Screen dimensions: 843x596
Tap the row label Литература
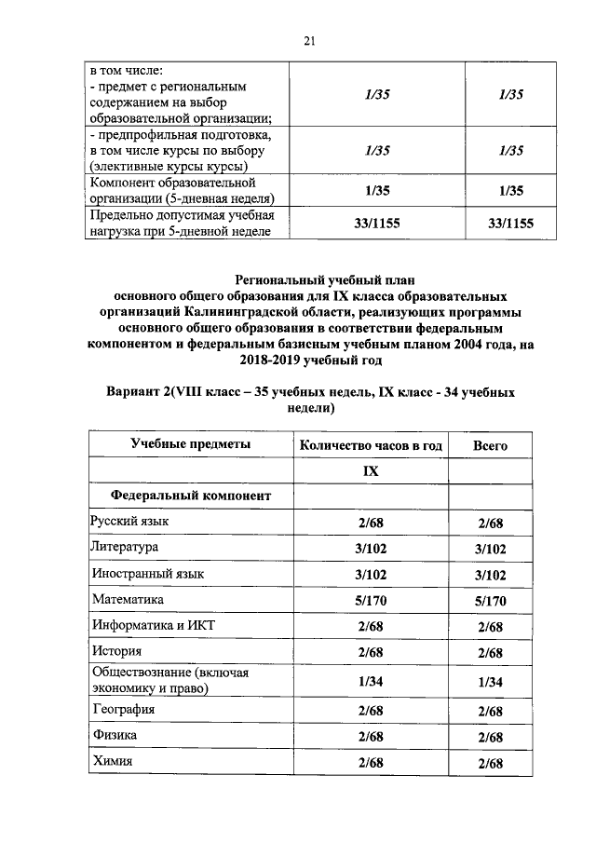[124, 547]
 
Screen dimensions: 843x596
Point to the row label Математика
[127, 600]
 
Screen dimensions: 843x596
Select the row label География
[123, 710]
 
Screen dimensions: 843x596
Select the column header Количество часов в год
[370, 446]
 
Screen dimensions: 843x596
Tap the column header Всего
[490, 446]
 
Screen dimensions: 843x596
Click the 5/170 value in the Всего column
[490, 601]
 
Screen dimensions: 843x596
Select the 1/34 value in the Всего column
[490, 682]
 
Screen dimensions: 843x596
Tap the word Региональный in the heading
[284, 279]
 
